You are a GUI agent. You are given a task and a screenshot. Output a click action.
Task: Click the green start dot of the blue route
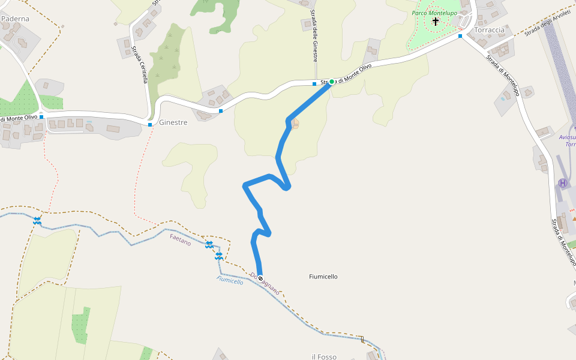coord(331,82)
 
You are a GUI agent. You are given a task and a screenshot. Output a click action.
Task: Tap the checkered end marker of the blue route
coord(260,277)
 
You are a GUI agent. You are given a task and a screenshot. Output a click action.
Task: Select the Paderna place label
coord(15,19)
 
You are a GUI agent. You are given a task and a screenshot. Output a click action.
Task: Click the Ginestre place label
coord(173,122)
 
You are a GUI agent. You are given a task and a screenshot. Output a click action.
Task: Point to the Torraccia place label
coord(489,29)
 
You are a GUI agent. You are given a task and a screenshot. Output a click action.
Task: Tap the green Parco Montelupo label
coord(434,13)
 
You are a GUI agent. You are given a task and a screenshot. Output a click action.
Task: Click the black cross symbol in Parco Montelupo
coord(436,22)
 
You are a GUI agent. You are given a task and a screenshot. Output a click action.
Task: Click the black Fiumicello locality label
coord(323,277)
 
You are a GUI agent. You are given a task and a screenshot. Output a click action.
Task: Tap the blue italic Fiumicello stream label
coord(230,280)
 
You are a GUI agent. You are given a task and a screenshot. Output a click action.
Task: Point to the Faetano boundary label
coord(180,239)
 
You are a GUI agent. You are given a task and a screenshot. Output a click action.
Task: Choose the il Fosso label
coord(324,357)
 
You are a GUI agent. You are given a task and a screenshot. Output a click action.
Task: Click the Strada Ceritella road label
coord(141,66)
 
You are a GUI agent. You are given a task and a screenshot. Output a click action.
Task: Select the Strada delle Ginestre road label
coord(314,35)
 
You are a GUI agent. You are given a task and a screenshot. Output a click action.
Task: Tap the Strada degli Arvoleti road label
coord(547,23)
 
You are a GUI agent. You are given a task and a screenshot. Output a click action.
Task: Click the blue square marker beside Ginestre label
coord(150,124)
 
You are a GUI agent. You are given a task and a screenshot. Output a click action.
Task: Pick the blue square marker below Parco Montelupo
coord(460,36)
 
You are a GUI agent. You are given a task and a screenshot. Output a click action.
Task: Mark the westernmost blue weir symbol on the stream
coord(37,221)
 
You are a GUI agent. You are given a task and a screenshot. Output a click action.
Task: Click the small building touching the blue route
coord(295,124)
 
